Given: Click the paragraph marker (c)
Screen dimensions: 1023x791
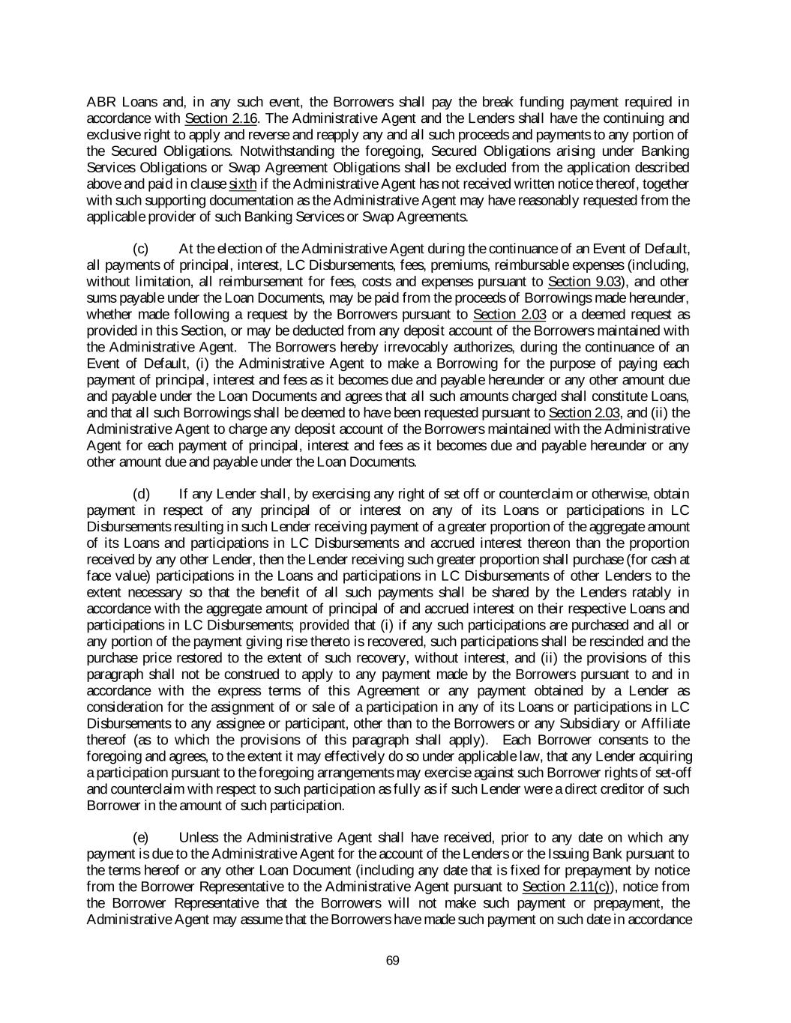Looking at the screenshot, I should click(x=141, y=249).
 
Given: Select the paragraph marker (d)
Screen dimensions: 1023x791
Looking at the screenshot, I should click(x=141, y=494).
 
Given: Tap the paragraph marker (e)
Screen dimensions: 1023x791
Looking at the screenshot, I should click(x=141, y=838).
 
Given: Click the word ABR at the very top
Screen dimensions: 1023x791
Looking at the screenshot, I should click(x=102, y=103).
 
